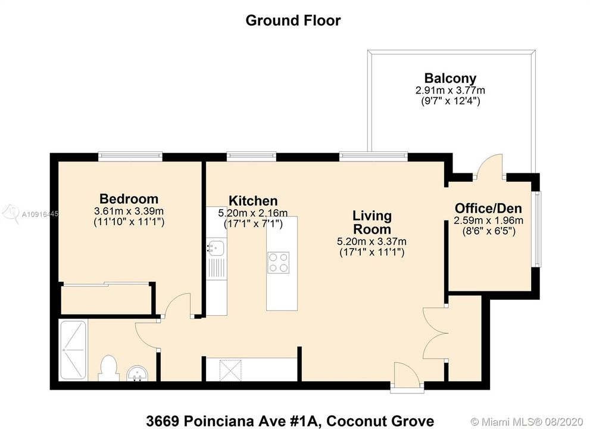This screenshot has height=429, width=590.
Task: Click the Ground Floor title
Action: pyautogui.click(x=293, y=20)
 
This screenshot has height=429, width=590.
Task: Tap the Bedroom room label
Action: pyautogui.click(x=129, y=199)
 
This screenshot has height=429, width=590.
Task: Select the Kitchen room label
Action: pyautogui.click(x=253, y=201)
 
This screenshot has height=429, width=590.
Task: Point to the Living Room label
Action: pyautogui.click(x=372, y=222)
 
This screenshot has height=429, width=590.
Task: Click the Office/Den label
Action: pyautogui.click(x=488, y=209)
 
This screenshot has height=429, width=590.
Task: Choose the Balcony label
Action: pyautogui.click(x=449, y=78)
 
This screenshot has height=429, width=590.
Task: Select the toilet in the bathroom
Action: pyautogui.click(x=108, y=367)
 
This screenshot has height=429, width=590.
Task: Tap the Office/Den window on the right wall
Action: pyautogui.click(x=538, y=229)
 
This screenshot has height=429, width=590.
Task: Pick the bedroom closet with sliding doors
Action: pyautogui.click(x=106, y=298)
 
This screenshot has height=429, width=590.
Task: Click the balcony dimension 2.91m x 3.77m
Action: pyautogui.click(x=450, y=91)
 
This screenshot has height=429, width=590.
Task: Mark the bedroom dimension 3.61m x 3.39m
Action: pyautogui.click(x=129, y=212)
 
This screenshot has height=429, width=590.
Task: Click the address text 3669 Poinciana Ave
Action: pyautogui.click(x=290, y=421)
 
